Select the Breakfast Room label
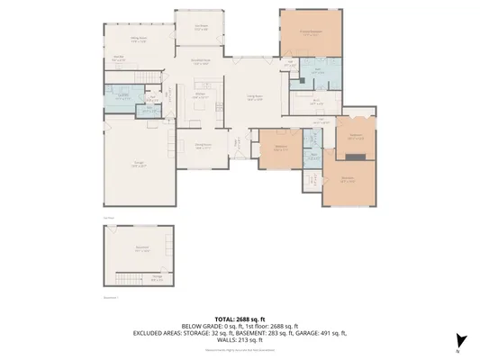(200, 62)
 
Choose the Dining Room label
(204, 145)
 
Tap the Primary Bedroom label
(310, 32)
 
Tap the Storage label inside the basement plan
(157, 277)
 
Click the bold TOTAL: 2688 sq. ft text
(239, 319)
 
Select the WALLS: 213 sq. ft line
(240, 339)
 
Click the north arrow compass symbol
(460, 339)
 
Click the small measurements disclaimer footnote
(239, 349)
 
